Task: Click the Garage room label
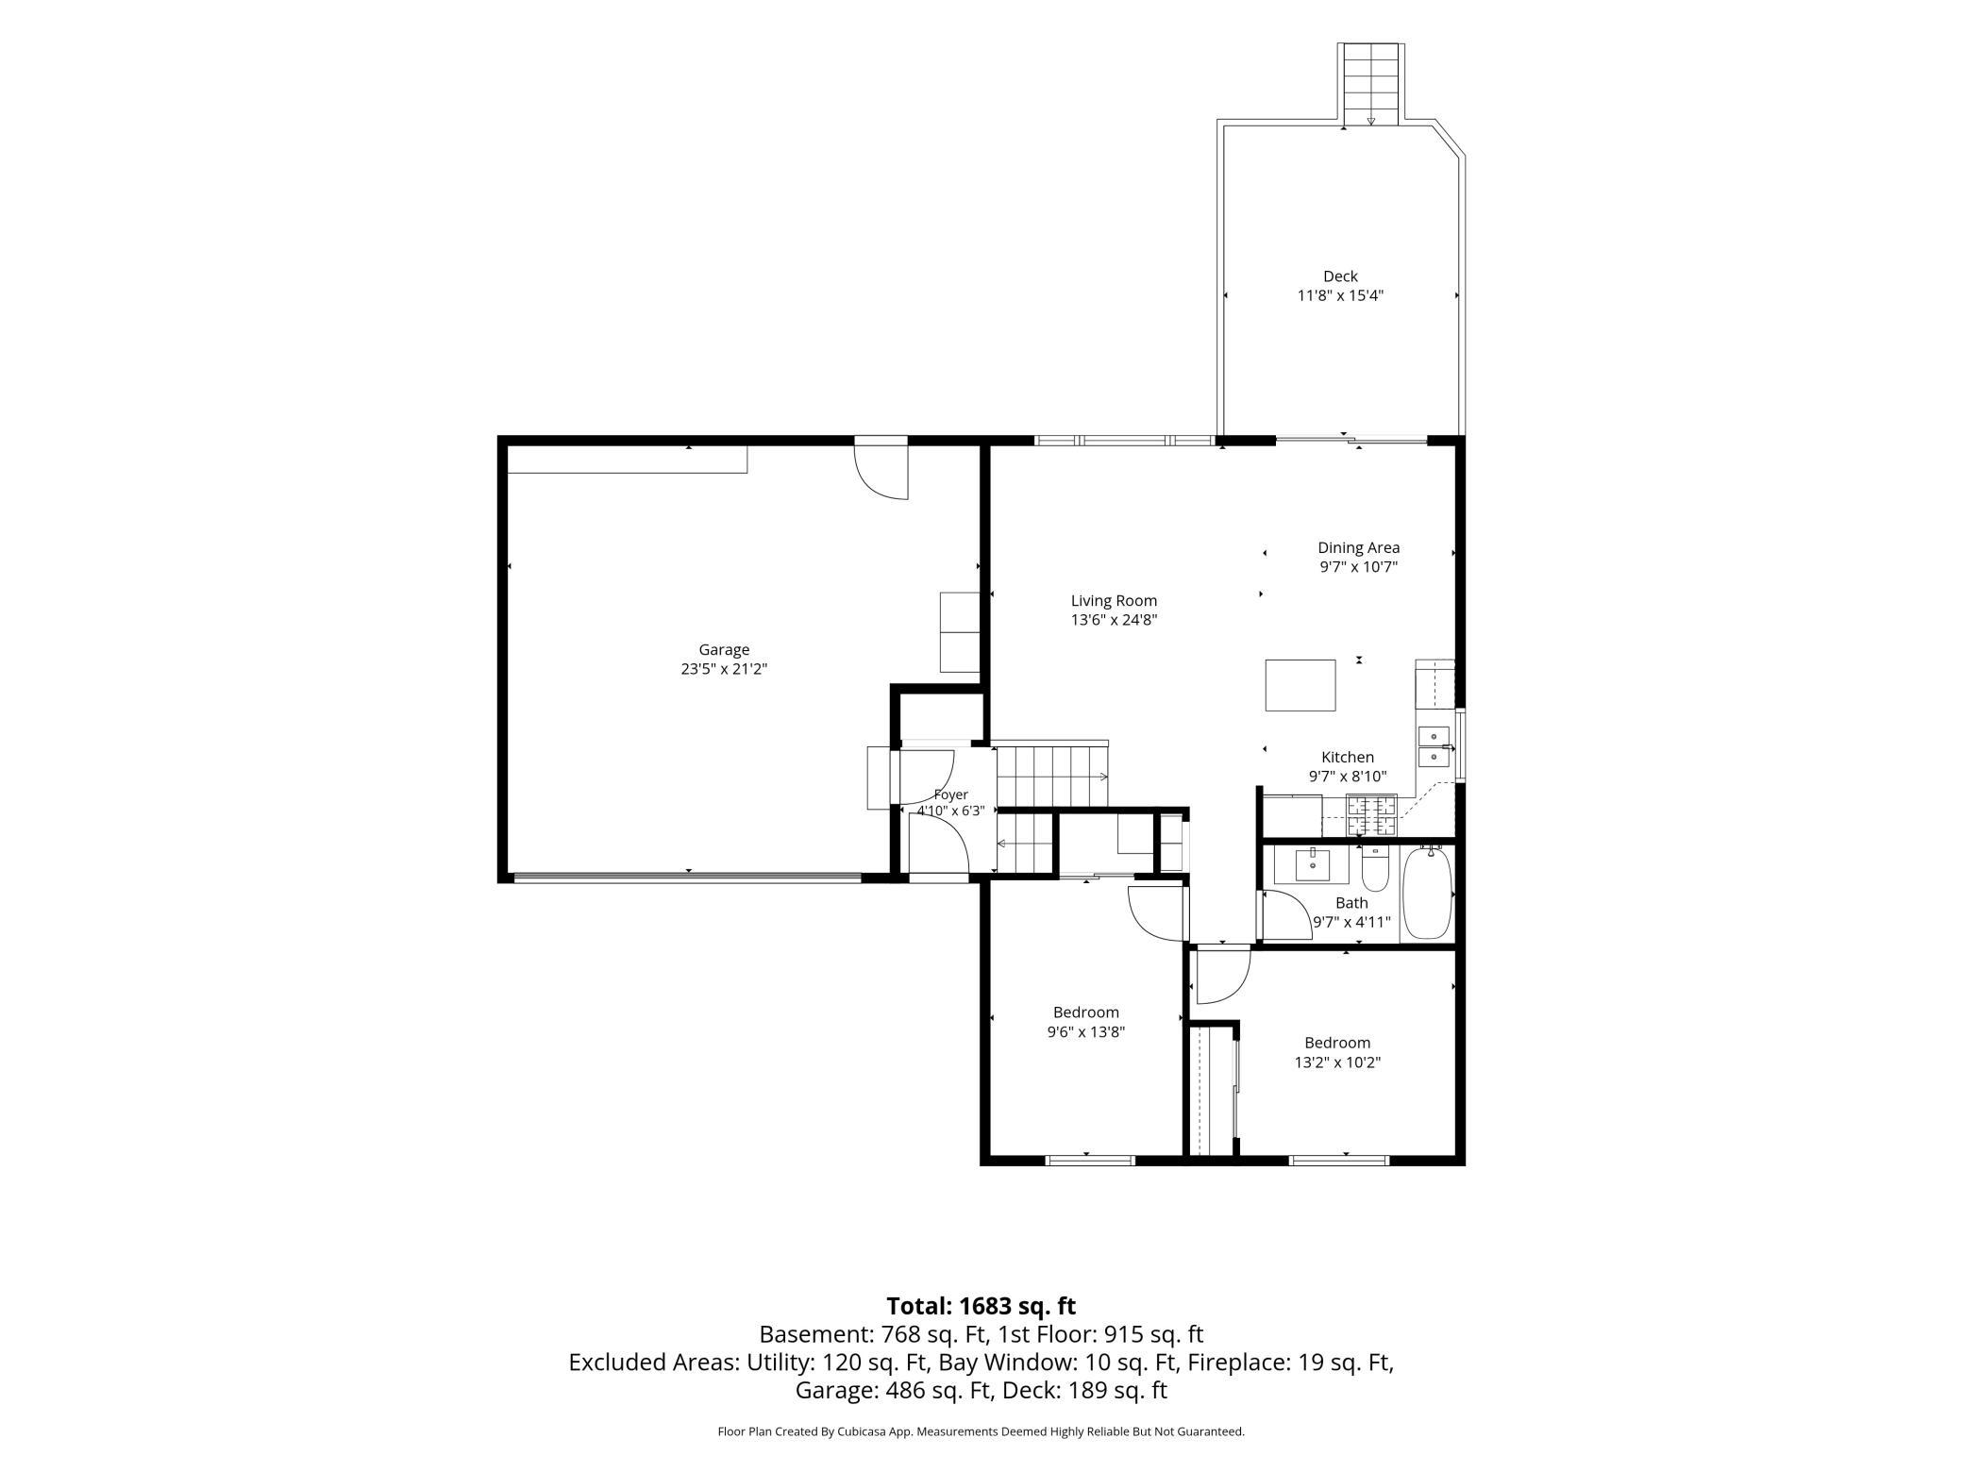724,649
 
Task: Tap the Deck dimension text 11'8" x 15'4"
1340,295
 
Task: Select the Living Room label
1114,600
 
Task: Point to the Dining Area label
1358,547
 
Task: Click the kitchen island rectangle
1300,685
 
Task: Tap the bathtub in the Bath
1427,893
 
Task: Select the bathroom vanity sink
1313,864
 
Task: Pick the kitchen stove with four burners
1371,815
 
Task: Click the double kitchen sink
1434,746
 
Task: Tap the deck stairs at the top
1371,84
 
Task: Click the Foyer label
951,795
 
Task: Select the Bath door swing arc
1282,914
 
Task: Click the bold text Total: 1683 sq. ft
981,1306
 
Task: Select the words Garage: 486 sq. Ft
895,1390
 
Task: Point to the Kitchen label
1348,757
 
